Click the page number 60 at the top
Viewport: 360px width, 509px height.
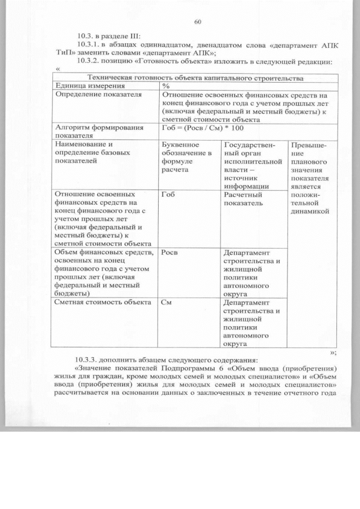click(x=197, y=22)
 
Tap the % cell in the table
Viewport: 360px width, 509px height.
click(x=165, y=86)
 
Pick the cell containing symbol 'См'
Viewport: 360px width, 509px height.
click(x=166, y=303)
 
